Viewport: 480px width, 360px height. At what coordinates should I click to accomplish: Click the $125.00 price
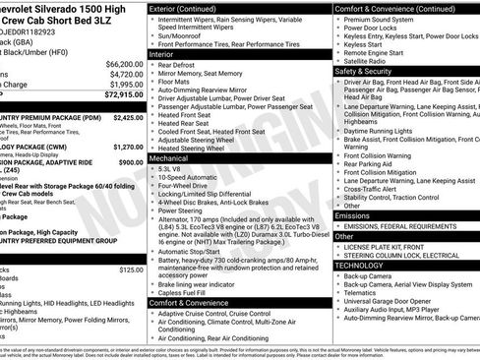[130, 269]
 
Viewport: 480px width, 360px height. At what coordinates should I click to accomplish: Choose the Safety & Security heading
[369, 71]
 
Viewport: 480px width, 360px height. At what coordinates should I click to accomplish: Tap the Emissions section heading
[352, 215]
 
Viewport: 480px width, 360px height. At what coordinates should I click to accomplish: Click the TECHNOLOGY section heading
[359, 265]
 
